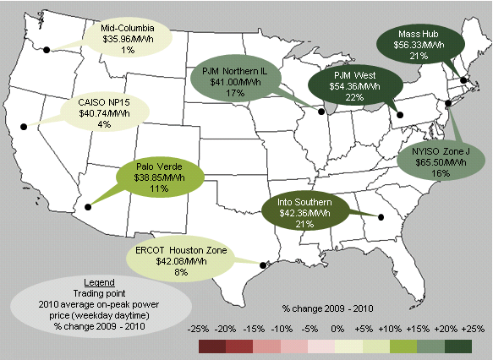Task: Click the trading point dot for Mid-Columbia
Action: point(47,50)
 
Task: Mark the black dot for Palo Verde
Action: point(86,206)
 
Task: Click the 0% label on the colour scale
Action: point(336,327)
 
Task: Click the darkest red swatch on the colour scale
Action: point(211,346)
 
